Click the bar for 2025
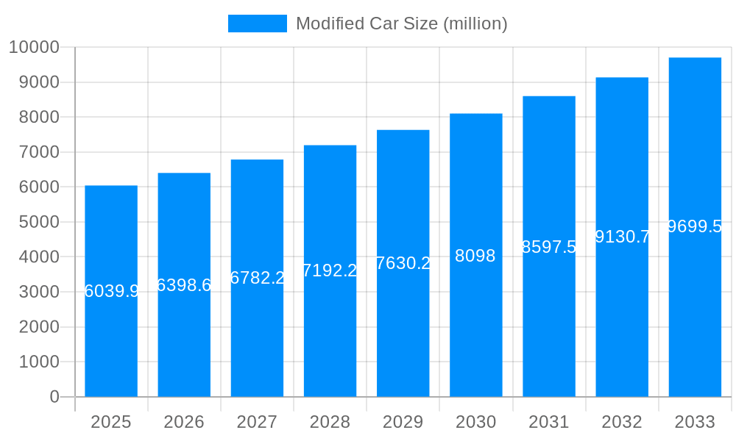click(x=111, y=331)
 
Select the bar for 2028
click(x=330, y=331)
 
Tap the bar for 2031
click(x=549, y=331)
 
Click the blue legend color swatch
click(x=257, y=24)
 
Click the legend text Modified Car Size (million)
click(x=401, y=24)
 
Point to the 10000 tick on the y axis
click(x=34, y=48)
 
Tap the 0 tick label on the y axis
click(x=54, y=397)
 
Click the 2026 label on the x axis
click(x=184, y=422)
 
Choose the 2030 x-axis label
click(x=475, y=422)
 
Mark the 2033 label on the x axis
click(x=695, y=422)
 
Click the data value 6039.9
click(x=111, y=291)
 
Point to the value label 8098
click(x=475, y=256)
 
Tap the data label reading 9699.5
click(x=695, y=226)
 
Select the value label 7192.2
click(x=330, y=270)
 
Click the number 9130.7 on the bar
click(x=622, y=237)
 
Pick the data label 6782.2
click(x=257, y=278)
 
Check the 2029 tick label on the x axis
click(x=403, y=422)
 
